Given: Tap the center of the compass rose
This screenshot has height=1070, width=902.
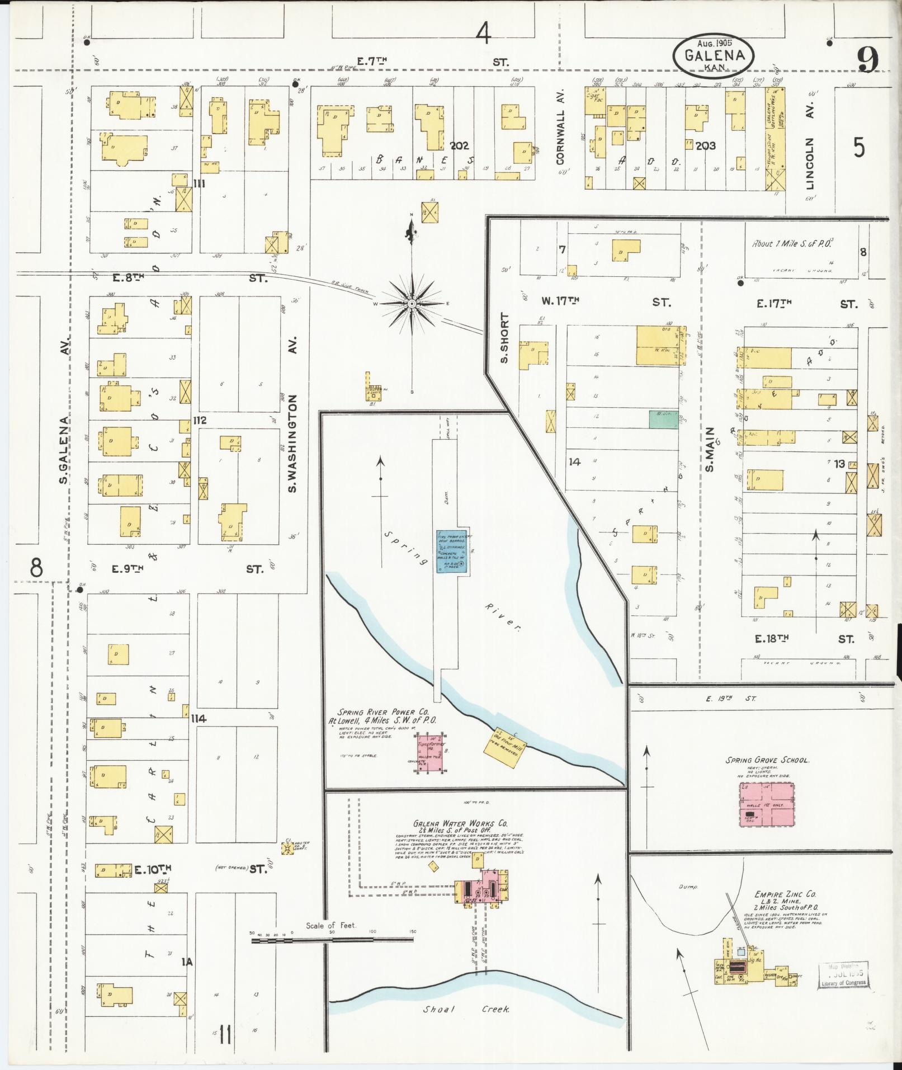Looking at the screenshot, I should (412, 304).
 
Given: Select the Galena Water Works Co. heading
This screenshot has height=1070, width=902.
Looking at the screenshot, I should (460, 824).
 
